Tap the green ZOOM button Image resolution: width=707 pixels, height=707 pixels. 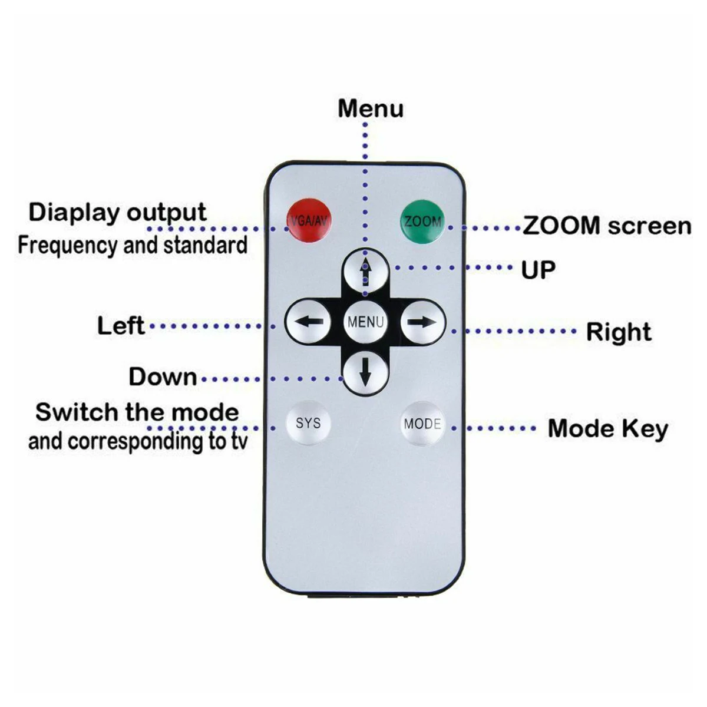[422, 222]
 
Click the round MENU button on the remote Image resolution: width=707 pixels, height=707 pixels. [365, 322]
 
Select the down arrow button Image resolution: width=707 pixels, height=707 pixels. [365, 372]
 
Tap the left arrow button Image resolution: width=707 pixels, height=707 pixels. [308, 322]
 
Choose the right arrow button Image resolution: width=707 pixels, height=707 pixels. [423, 322]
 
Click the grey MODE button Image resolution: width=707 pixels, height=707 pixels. [422, 424]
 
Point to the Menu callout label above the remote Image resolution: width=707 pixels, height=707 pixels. [371, 108]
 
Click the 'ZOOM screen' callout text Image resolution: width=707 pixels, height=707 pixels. [607, 226]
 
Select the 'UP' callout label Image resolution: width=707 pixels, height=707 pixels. [538, 270]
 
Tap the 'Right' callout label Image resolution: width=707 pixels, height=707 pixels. [618, 332]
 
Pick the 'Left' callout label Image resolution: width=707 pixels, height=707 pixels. [121, 325]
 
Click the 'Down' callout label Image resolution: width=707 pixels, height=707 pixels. [163, 377]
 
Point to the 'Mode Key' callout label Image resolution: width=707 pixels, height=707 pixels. [607, 429]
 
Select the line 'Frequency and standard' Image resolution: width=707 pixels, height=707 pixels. [133, 245]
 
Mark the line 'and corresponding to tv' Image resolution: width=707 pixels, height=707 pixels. [138, 442]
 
